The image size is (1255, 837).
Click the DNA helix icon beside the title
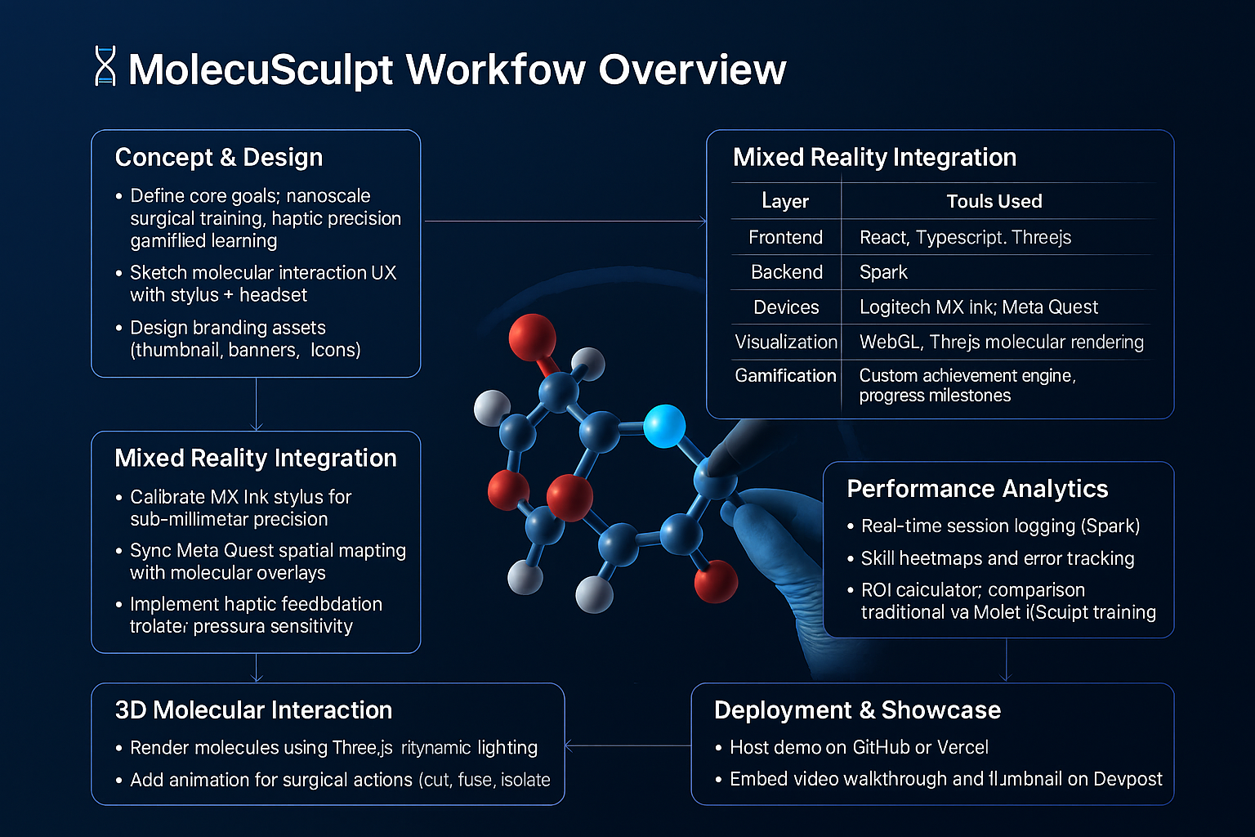tap(105, 67)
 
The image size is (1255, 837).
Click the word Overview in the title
tap(692, 69)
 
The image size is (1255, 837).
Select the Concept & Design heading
tap(219, 157)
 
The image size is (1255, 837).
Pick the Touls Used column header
tap(994, 201)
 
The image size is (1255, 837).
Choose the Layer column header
tap(785, 201)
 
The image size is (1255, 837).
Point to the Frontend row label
tap(785, 237)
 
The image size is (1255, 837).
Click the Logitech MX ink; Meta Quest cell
tap(978, 307)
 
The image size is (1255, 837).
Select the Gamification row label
tap(785, 376)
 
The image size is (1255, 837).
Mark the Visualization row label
tap(785, 342)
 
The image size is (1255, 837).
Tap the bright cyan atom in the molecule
tap(664, 426)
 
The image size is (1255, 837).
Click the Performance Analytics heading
tap(977, 489)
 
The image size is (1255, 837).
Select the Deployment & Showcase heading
tap(857, 710)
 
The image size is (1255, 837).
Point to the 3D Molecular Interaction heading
tap(253, 710)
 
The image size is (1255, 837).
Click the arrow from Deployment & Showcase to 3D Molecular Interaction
tap(627, 745)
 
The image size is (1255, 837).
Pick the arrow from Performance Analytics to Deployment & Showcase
tap(1006, 660)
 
